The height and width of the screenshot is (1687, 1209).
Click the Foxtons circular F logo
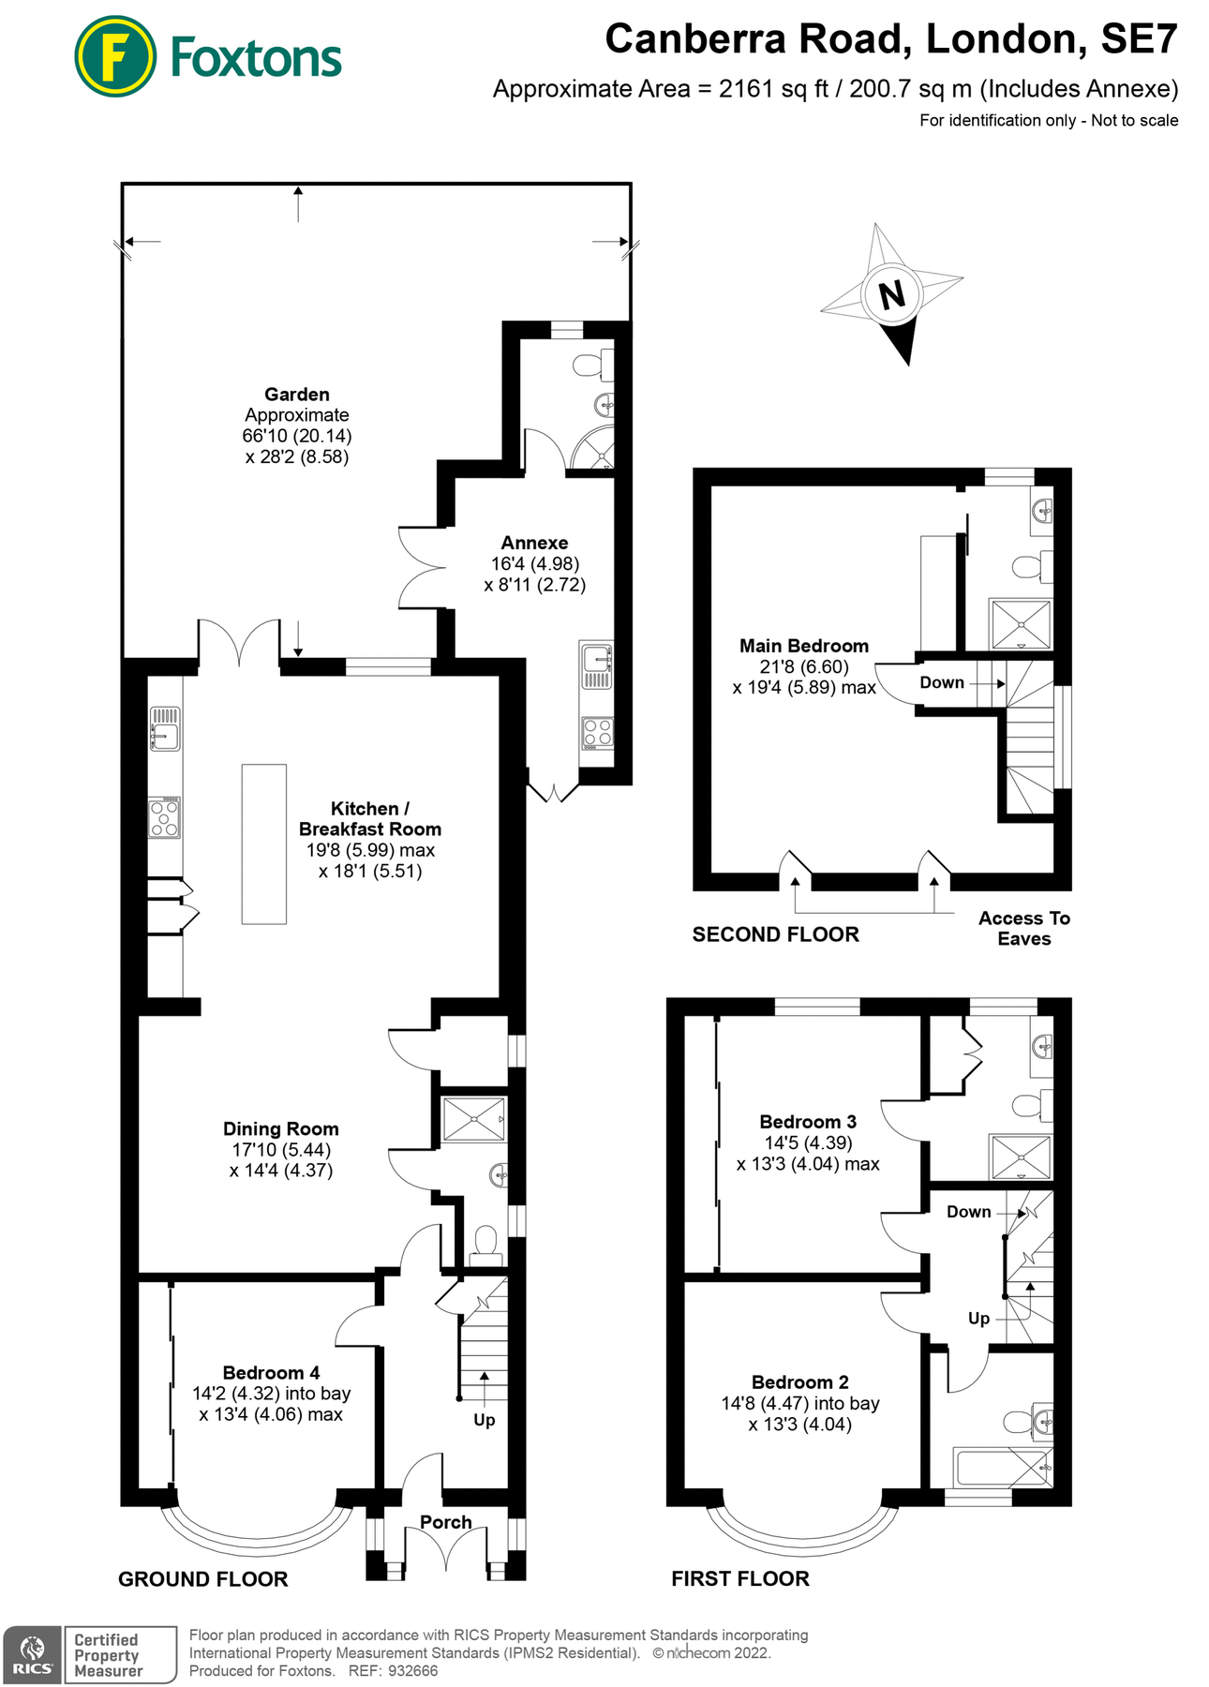pyautogui.click(x=114, y=56)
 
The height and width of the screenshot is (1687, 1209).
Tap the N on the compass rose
pyautogui.click(x=892, y=294)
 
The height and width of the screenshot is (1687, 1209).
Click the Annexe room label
pyautogui.click(x=534, y=543)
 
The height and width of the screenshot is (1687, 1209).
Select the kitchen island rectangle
pyautogui.click(x=264, y=844)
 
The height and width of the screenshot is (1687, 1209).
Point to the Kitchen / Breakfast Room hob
pyautogui.click(x=164, y=817)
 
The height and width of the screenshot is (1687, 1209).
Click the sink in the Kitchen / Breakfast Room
pyautogui.click(x=165, y=729)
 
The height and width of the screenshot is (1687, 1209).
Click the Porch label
pyautogui.click(x=445, y=1522)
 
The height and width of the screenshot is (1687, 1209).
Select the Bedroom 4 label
pyautogui.click(x=271, y=1373)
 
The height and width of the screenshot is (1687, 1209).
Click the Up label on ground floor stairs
pyautogui.click(x=484, y=1420)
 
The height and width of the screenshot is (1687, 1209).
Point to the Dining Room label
pyautogui.click(x=280, y=1129)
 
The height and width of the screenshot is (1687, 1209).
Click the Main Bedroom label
pyautogui.click(x=803, y=646)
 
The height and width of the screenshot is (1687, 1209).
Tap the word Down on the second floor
pyautogui.click(x=941, y=682)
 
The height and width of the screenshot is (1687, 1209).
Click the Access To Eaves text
pyautogui.click(x=1023, y=929)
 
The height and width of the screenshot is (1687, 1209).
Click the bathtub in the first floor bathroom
pyautogui.click(x=1000, y=1468)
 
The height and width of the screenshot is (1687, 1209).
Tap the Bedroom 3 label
pyautogui.click(x=807, y=1122)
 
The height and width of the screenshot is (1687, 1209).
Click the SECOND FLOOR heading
pyautogui.click(x=775, y=934)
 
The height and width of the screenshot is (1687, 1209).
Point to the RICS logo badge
pyautogui.click(x=33, y=1655)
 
